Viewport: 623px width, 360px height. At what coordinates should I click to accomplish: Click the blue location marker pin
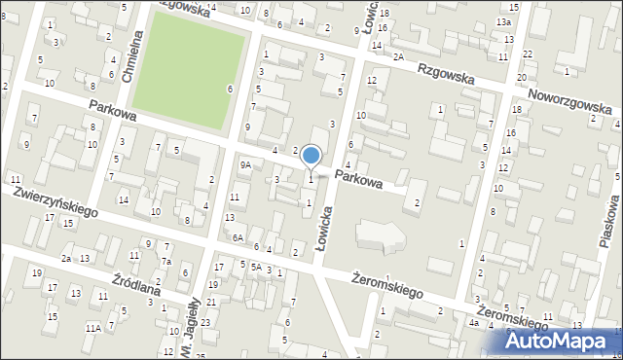click(311, 156)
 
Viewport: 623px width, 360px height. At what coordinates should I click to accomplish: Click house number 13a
click(502, 21)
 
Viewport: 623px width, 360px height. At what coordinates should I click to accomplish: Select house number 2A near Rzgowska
click(398, 57)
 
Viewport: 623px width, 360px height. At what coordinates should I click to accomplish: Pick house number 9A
click(246, 165)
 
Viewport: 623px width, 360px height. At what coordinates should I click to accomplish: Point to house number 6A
click(237, 237)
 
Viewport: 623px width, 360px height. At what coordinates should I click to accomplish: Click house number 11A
click(92, 328)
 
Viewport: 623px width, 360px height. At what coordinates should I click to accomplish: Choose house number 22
click(527, 54)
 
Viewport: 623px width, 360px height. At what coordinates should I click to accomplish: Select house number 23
click(205, 322)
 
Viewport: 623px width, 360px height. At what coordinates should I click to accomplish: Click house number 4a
click(473, 322)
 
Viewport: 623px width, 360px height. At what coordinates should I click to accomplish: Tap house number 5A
click(256, 267)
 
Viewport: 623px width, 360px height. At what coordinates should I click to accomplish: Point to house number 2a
click(66, 259)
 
